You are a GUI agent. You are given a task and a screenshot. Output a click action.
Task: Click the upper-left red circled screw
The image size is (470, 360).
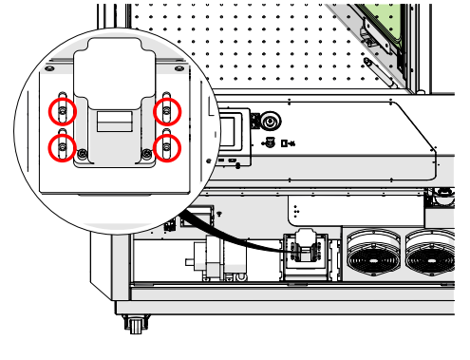click(x=63, y=111)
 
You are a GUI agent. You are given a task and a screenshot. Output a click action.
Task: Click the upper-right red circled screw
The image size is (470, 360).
click(x=168, y=111)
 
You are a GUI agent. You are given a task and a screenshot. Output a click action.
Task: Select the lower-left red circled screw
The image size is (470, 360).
click(x=63, y=147)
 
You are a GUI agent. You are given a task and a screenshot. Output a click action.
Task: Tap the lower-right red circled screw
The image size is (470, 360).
click(x=168, y=147)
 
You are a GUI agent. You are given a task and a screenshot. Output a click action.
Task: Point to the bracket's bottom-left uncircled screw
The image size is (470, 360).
click(x=85, y=154)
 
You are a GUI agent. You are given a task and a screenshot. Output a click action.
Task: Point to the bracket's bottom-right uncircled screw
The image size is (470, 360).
click(x=145, y=154)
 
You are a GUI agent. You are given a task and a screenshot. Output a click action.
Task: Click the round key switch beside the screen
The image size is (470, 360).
click(x=271, y=122)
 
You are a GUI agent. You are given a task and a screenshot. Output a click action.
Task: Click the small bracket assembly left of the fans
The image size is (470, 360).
click(x=307, y=254)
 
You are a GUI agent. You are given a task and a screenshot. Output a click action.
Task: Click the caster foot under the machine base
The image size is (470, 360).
click(x=135, y=325)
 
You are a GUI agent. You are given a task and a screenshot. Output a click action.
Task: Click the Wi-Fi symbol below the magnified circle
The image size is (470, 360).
click(x=218, y=214)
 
